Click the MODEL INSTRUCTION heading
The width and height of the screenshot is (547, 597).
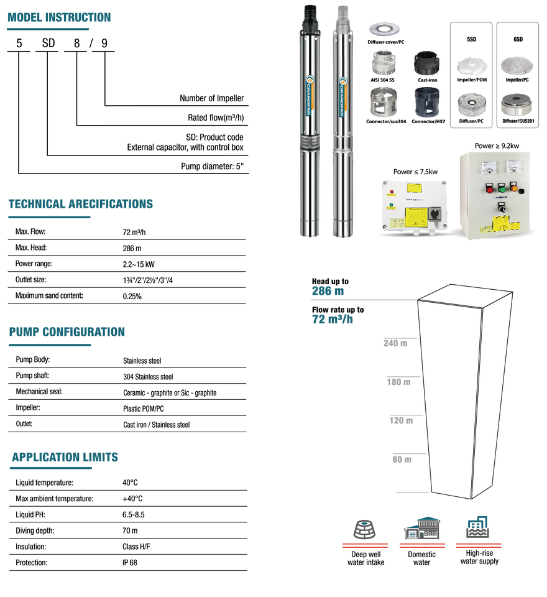point(59,17)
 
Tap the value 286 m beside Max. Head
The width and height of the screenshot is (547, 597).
point(132,248)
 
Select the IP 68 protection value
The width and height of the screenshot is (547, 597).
point(129,562)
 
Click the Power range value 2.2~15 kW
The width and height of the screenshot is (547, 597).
point(139,264)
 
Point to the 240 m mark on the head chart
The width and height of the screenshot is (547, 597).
point(395,343)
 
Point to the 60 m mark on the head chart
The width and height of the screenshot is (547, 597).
point(402,459)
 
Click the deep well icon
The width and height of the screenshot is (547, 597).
point(364,529)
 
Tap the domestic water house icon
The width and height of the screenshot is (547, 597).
point(422,528)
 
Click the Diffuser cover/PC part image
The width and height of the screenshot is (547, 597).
point(385,29)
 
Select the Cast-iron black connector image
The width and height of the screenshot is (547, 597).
point(426,63)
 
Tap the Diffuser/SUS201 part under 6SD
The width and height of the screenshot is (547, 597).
point(517,104)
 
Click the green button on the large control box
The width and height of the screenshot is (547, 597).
point(502,188)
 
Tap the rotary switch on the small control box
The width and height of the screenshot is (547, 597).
point(434,214)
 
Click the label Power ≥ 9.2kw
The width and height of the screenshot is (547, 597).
point(497,146)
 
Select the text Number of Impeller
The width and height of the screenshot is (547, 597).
point(211,98)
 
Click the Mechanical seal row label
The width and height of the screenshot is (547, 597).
point(39,391)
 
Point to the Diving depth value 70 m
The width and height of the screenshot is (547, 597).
point(130,530)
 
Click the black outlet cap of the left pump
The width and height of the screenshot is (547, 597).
point(311,14)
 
